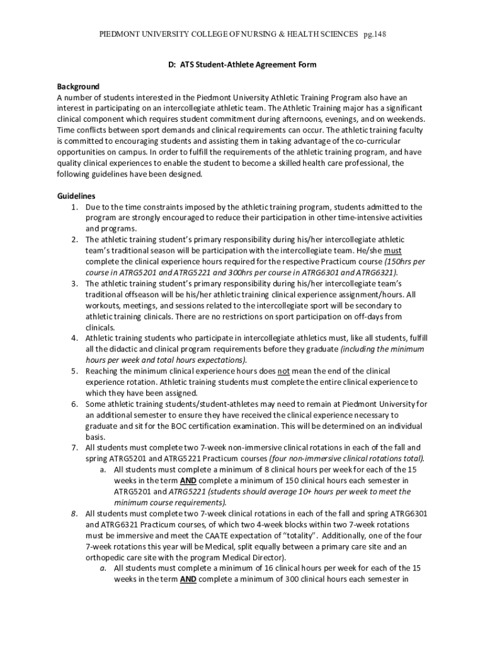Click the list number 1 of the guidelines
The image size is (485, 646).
tap(74, 207)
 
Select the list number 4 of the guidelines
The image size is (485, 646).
tap(74, 338)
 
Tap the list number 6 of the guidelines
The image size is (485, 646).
tap(74, 404)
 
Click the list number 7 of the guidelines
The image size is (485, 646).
tap(74, 447)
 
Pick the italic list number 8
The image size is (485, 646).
tap(74, 513)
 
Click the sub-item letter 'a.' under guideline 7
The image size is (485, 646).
tap(103, 469)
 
